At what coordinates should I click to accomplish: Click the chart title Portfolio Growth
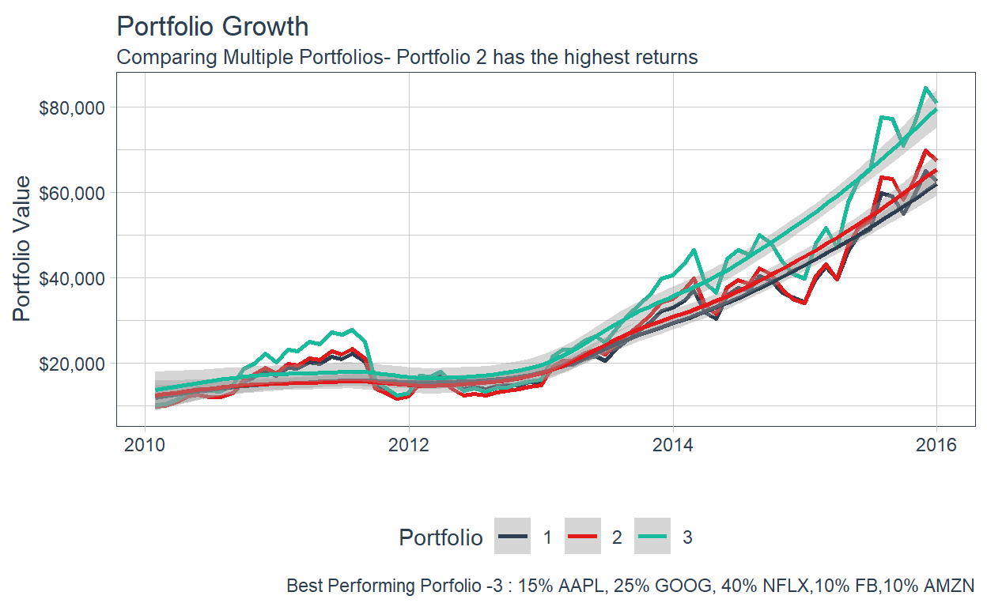pos(212,26)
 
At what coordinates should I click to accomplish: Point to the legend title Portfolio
pos(441,538)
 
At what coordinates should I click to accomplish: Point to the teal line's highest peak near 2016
pos(925,88)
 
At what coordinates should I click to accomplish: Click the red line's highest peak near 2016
pos(925,150)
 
